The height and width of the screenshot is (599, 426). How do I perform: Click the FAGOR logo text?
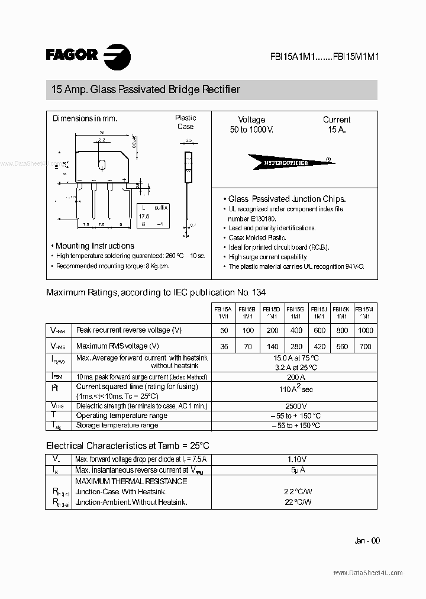[x=72, y=54]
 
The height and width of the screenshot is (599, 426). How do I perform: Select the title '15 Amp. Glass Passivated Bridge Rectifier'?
[x=146, y=90]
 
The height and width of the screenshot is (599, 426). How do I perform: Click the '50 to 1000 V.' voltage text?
[x=252, y=129]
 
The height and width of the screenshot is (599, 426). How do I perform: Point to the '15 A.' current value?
[x=336, y=129]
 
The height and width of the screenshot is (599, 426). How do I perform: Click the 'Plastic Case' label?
[x=185, y=122]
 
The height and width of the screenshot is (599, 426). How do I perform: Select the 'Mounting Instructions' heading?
[x=95, y=246]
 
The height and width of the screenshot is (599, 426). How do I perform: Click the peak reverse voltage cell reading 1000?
[x=366, y=330]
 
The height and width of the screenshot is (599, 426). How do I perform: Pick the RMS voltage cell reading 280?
[x=295, y=346]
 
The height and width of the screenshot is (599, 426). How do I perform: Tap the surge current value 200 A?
[x=295, y=377]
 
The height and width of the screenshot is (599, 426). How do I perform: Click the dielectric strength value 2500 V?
[x=295, y=406]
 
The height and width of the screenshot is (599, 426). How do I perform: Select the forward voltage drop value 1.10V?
[x=295, y=459]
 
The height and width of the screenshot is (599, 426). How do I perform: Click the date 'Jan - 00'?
[x=367, y=541]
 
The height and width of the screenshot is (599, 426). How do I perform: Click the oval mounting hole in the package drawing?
[x=102, y=163]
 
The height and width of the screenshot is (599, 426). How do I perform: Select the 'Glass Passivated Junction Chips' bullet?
[x=286, y=199]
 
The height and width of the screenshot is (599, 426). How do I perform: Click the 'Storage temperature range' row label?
[x=117, y=426]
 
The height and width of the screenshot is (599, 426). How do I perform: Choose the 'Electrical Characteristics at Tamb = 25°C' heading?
[x=128, y=445]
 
